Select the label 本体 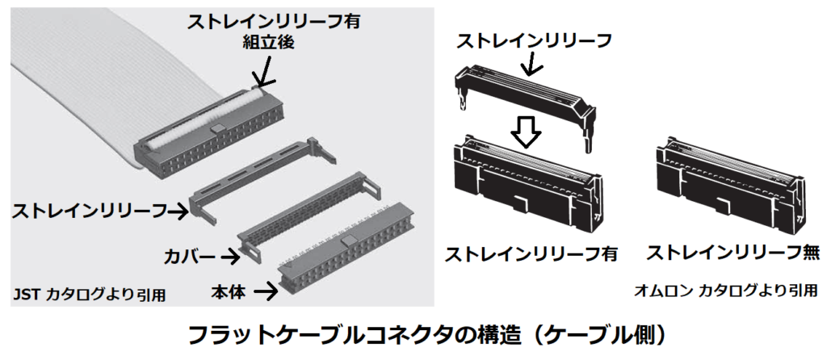tap(230, 289)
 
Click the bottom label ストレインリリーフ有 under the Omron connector tap(531, 253)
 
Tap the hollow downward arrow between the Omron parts tap(526, 130)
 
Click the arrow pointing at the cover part tap(234, 256)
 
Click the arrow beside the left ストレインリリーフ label tap(180, 212)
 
